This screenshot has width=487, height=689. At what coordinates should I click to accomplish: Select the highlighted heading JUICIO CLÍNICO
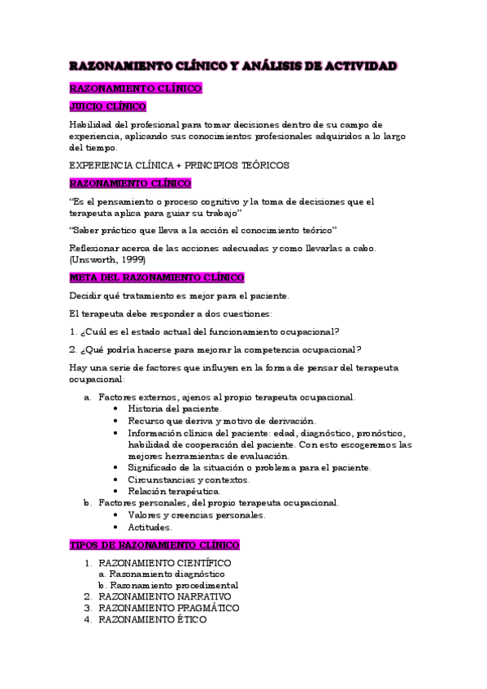107,106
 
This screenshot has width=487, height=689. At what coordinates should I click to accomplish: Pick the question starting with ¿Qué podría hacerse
215,350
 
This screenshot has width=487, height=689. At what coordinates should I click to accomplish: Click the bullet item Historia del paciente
173,409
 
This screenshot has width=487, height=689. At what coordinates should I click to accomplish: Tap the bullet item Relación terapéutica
173,492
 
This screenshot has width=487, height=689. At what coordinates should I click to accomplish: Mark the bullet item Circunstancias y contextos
189,479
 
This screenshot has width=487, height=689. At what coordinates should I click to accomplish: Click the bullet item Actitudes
149,526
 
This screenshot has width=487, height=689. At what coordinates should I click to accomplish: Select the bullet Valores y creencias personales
196,515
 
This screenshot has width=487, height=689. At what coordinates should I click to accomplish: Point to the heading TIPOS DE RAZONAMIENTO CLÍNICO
154,545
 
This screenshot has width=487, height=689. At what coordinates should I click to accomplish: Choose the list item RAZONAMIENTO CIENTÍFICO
164,562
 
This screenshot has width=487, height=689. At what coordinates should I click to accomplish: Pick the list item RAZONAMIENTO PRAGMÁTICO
168,608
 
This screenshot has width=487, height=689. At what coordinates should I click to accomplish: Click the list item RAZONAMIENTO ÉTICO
152,619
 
